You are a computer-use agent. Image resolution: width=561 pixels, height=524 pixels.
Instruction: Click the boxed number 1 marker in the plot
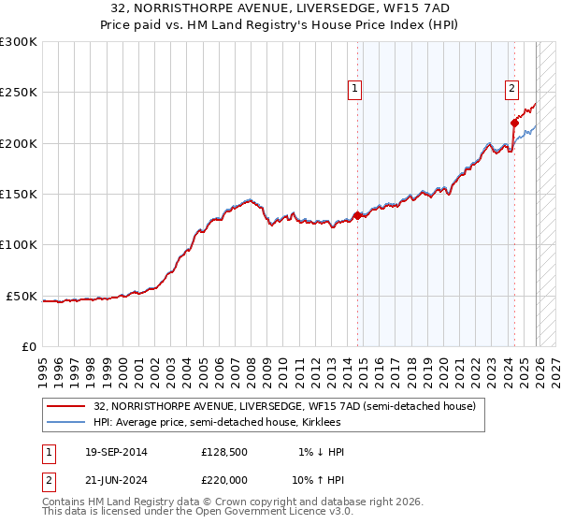tap(356, 90)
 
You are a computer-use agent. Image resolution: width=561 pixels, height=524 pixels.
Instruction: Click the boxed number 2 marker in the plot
tap(512, 90)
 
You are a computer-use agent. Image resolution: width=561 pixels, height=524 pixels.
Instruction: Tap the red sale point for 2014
tap(358, 215)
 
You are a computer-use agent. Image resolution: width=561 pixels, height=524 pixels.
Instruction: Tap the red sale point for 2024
tap(514, 123)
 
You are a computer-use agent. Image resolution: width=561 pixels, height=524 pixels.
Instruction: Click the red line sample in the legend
tap(66, 406)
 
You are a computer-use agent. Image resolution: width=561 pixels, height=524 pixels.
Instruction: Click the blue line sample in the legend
tap(66, 422)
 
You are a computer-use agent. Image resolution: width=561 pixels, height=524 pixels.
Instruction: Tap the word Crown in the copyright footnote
tap(244, 502)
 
